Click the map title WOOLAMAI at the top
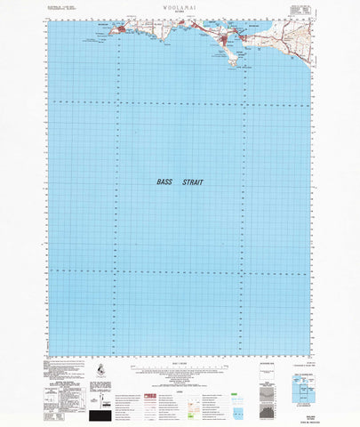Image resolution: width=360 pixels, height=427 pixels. coord(180,6)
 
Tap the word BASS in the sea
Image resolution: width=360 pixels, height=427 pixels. coord(164,181)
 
